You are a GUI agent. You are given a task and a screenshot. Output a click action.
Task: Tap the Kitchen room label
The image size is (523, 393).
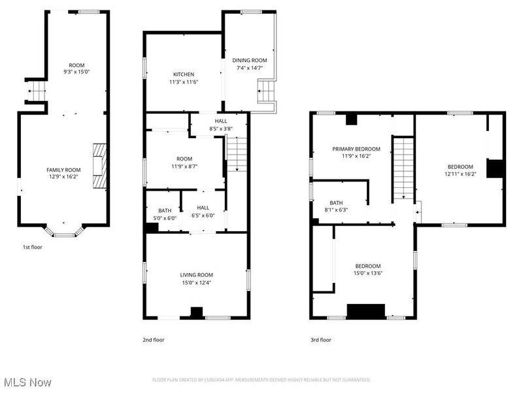click(x=184, y=74)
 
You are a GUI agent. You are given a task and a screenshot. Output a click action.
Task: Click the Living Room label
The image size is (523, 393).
click(x=196, y=274)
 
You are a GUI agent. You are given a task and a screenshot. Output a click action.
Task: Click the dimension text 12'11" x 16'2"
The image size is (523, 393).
click(x=462, y=174)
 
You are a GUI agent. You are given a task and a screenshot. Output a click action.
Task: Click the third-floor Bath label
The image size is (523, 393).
click(x=336, y=203)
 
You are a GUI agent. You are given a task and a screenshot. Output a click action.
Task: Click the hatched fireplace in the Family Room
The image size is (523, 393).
click(x=97, y=166)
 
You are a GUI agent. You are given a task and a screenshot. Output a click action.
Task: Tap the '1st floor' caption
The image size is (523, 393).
click(x=33, y=248)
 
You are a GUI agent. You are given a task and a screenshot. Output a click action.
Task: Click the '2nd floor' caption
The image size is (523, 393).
click(x=154, y=340)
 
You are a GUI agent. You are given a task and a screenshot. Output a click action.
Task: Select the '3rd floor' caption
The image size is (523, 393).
click(x=321, y=340)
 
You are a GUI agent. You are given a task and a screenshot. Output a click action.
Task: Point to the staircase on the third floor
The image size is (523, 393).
click(x=403, y=168)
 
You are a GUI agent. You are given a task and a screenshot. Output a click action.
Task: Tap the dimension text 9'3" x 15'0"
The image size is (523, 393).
click(x=76, y=71)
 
